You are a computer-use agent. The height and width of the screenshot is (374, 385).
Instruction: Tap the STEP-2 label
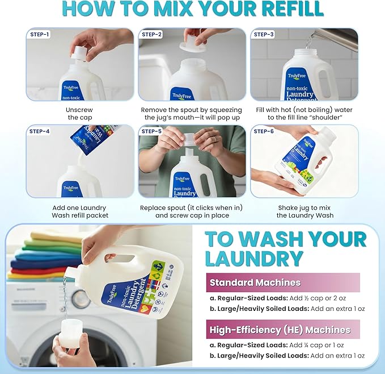[x=152, y=35]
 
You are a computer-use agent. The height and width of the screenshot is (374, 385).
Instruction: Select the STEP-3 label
[x=264, y=35]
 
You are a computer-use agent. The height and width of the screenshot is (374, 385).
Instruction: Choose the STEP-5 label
[x=152, y=131]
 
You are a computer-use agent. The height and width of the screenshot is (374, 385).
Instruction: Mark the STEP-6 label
[x=264, y=131]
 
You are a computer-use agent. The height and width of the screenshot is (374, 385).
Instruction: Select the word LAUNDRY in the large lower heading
[x=253, y=258]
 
